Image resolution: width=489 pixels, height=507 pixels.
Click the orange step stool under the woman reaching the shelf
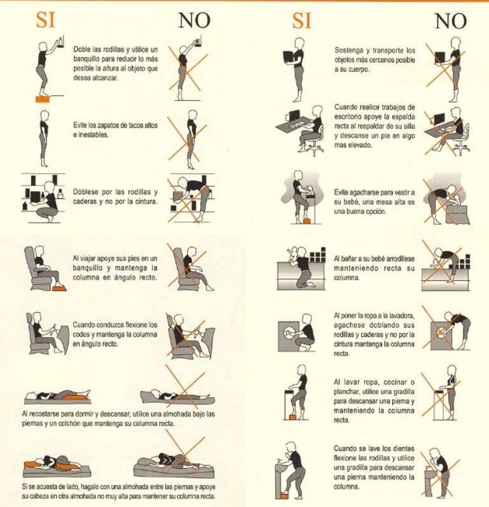pyautogui.click(x=42, y=99)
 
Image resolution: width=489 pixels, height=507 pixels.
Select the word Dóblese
pyautogui.click(x=86, y=192)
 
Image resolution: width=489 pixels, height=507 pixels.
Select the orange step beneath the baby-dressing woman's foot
pyautogui.click(x=307, y=221)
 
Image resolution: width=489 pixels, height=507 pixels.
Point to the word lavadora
pyautogui.click(x=401, y=316)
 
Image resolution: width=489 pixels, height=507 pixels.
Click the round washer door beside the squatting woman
pyautogui.click(x=288, y=332)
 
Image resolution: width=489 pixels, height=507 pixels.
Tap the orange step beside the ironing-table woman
pyautogui.click(x=293, y=417)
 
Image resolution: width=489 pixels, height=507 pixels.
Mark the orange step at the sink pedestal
pyautogui.click(x=285, y=496)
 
